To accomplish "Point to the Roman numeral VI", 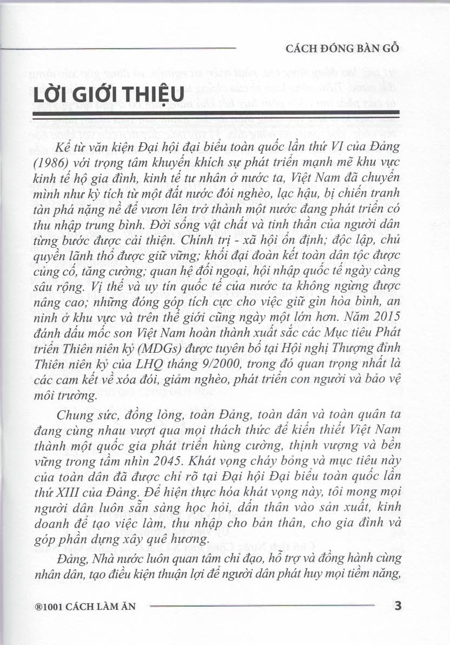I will click(x=339, y=147).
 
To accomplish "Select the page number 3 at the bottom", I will click(x=398, y=606).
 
